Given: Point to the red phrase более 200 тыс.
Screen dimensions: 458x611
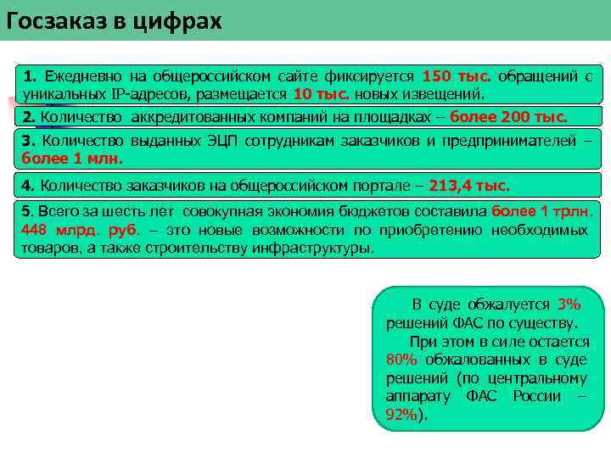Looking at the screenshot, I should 508,116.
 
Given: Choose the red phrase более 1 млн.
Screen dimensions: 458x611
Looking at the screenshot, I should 72,157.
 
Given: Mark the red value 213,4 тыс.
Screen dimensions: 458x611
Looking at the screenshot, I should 469,184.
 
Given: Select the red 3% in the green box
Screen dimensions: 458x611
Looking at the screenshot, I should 569,304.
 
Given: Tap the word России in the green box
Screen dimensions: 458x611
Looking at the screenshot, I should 536,396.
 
